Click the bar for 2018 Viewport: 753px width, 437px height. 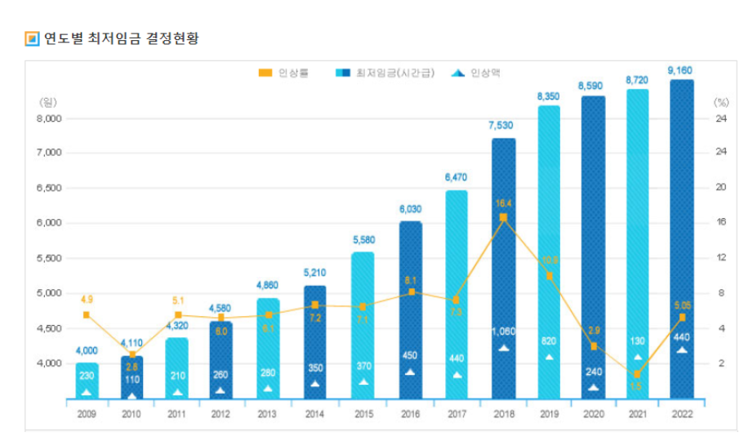504,270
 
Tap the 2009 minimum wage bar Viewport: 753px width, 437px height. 87,380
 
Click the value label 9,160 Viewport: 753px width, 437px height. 681,71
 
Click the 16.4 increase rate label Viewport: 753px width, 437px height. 503,203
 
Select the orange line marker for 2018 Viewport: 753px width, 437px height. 503,217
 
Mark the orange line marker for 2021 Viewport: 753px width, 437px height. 637,374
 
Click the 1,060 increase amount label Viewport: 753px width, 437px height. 504,332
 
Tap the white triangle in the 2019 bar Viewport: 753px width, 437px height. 548,357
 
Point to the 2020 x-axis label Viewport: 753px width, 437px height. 593,414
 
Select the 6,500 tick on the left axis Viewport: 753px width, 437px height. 51,188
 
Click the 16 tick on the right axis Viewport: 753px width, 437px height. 721,223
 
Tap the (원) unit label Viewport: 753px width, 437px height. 47,102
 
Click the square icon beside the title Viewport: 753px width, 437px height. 32,38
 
